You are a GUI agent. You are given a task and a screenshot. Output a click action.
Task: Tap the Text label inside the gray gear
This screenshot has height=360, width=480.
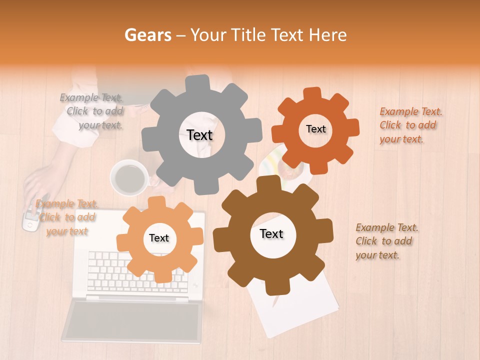(200, 135)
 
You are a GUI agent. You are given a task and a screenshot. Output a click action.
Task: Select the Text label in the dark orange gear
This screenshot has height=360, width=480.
(316, 129)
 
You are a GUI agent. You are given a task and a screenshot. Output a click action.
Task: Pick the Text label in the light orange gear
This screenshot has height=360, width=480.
(159, 238)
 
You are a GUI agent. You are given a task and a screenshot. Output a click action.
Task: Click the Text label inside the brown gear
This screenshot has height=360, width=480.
(271, 234)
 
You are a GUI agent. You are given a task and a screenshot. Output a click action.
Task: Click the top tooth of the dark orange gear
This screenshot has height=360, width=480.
(312, 94)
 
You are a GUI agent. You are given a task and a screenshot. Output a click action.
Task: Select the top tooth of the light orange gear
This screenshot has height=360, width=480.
(157, 202)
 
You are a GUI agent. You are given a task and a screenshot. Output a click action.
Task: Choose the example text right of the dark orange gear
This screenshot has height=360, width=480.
(410, 125)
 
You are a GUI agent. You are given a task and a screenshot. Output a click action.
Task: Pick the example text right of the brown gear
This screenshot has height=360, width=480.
(386, 241)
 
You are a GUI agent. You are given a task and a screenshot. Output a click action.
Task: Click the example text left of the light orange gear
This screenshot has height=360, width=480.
(66, 217)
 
